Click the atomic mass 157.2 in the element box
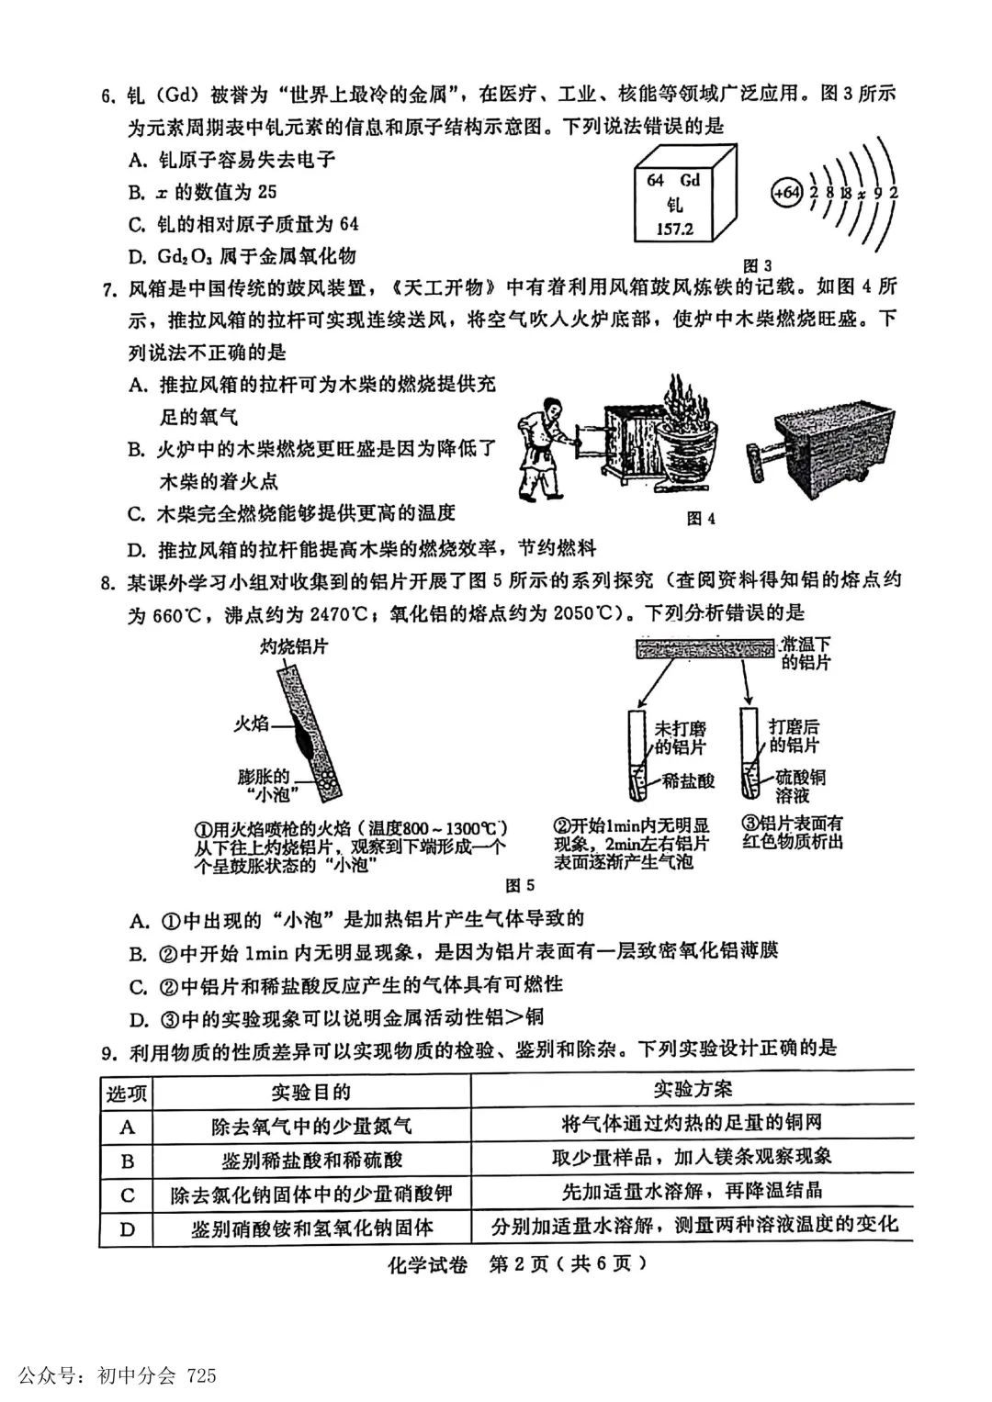click(x=674, y=229)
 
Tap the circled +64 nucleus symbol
click(x=786, y=194)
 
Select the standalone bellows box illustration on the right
click(x=823, y=447)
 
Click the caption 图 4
click(x=701, y=519)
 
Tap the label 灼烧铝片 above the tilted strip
click(x=293, y=646)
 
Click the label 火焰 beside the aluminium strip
click(x=250, y=723)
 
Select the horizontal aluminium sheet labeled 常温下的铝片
click(x=705, y=650)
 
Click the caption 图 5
click(x=520, y=885)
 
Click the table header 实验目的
click(x=310, y=1092)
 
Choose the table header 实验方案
click(x=693, y=1089)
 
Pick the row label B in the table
click(x=128, y=1161)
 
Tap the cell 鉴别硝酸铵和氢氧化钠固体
click(x=311, y=1228)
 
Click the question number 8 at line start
click(x=107, y=582)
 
